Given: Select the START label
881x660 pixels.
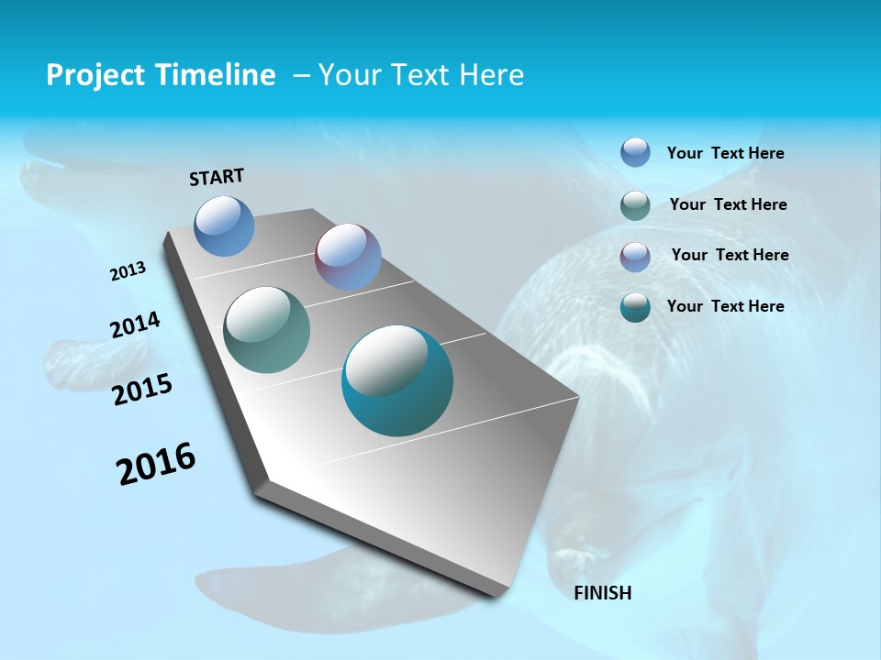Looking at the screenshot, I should click(217, 177).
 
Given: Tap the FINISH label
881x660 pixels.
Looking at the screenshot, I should click(603, 593).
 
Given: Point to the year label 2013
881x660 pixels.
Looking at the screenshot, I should click(128, 271).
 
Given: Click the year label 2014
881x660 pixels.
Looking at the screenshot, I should click(136, 324).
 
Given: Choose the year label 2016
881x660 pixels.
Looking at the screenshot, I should click(156, 464).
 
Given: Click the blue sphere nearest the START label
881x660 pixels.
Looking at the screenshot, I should click(224, 225).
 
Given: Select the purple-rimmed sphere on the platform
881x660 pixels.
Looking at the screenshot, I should click(348, 257).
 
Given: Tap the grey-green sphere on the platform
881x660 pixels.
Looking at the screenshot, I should click(267, 330).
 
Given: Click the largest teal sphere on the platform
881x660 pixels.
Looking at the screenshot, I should click(397, 380).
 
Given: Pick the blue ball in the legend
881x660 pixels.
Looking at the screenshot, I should click(635, 152).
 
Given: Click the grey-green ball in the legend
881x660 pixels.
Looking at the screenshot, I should click(635, 205).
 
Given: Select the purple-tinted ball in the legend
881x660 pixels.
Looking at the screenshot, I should click(635, 257).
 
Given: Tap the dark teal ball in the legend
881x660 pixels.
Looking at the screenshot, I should click(635, 307).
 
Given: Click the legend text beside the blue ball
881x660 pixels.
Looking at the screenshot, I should click(725, 153).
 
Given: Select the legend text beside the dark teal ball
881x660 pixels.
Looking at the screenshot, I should click(725, 306).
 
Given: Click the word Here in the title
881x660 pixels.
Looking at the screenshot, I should click(491, 75).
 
